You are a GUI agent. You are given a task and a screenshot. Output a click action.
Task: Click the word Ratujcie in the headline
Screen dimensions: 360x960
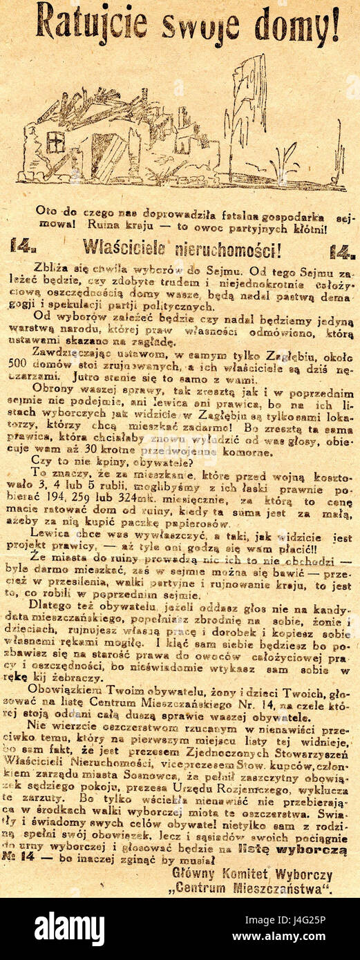91,21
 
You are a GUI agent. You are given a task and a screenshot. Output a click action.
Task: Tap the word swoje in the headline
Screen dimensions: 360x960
200,26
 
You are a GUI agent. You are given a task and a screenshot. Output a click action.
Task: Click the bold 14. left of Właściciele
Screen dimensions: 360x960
23,247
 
